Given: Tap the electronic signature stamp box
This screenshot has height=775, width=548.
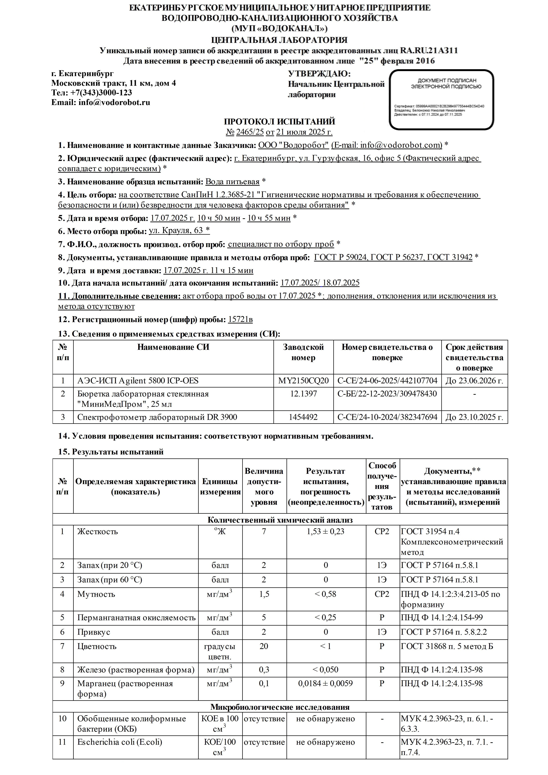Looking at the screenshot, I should (x=441, y=100).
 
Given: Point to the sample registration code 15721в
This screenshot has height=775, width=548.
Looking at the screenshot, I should (x=240, y=319).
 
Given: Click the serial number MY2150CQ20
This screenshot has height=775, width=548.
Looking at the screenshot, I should (x=303, y=381).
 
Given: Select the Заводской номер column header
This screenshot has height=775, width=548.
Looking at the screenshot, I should (x=303, y=352).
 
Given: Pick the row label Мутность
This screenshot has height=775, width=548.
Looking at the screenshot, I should (x=96, y=594).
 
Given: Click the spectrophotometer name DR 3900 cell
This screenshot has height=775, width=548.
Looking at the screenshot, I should (x=157, y=417).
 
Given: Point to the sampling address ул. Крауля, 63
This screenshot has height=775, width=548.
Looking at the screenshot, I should (x=179, y=231).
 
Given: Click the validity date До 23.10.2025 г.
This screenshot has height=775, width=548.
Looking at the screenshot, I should (x=474, y=417).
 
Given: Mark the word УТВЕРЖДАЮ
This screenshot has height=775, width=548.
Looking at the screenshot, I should (x=319, y=74).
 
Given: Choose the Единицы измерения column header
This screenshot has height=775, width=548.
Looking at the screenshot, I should (x=220, y=486).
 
